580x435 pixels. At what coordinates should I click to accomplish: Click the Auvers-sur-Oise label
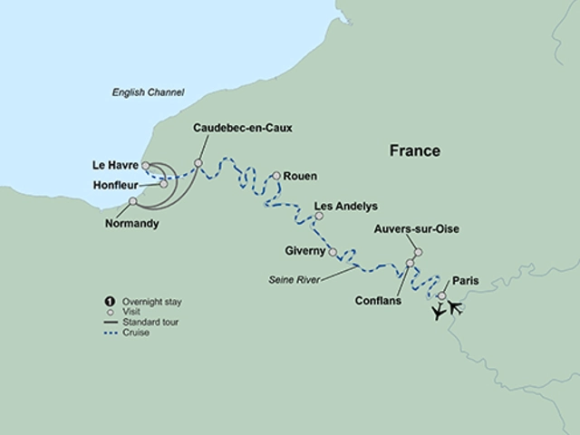point(417,229)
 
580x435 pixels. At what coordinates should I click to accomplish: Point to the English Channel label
point(148,92)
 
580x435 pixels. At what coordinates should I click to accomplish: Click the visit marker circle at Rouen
point(275,176)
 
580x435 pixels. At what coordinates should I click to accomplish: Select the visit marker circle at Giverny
point(333,252)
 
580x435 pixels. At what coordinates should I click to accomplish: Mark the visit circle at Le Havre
point(145,165)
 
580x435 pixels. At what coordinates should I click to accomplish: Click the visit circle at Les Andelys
point(317,216)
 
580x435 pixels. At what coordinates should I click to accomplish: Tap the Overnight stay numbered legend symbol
point(110,300)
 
